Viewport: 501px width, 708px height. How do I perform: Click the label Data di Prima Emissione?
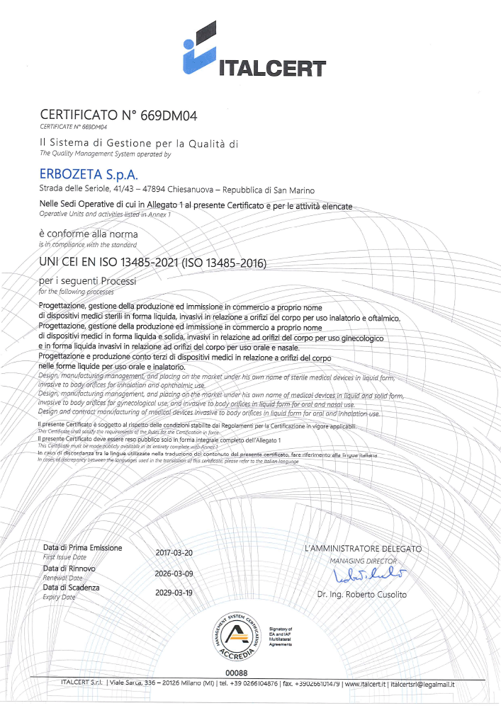pyautogui.click(x=82, y=548)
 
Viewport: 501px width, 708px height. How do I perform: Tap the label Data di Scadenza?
pyautogui.click(x=72, y=588)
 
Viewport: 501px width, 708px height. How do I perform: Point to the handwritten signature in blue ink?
pyautogui.click(x=362, y=574)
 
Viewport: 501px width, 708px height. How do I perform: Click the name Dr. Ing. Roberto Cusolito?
pyautogui.click(x=362, y=595)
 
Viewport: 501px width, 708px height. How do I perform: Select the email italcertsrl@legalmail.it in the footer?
pyautogui.click(x=422, y=684)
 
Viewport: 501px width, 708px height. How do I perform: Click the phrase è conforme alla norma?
pyautogui.click(x=89, y=234)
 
